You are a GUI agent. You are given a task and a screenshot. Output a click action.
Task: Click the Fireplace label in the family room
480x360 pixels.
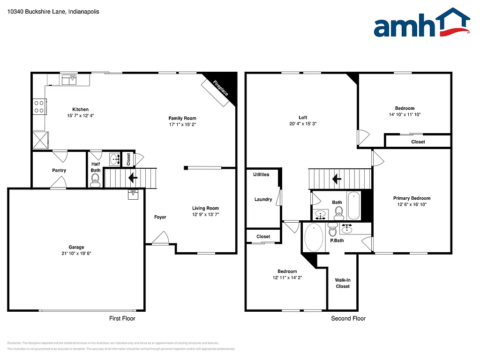(x=221, y=88)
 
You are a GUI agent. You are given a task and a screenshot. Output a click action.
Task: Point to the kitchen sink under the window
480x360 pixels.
(x=70, y=80)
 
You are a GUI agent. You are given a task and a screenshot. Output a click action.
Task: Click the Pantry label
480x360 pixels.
(x=59, y=171)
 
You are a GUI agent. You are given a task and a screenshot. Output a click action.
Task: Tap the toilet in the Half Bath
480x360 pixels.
(x=95, y=179)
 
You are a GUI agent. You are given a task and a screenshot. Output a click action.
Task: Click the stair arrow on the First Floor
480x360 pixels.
(x=132, y=178)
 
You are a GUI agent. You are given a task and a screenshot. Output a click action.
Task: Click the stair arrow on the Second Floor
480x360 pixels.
(x=336, y=179)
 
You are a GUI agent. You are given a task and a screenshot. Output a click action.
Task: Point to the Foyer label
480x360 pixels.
(x=160, y=217)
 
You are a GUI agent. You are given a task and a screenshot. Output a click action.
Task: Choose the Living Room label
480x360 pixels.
(x=205, y=208)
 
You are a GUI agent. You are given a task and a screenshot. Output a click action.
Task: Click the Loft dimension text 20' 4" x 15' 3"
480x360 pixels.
(x=303, y=124)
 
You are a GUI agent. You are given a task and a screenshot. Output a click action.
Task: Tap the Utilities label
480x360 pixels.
(x=261, y=174)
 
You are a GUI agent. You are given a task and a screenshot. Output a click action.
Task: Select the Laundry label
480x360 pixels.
(x=263, y=199)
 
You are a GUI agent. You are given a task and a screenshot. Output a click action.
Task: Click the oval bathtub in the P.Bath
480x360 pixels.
(x=314, y=237)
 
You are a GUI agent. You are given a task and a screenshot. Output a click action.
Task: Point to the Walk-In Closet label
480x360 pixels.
(x=343, y=283)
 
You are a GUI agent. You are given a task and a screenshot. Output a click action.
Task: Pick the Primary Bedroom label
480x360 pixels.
(x=412, y=198)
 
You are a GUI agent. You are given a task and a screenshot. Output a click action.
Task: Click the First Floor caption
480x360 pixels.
(x=122, y=319)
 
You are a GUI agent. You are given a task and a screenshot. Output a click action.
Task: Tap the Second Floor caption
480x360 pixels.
(x=348, y=319)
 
